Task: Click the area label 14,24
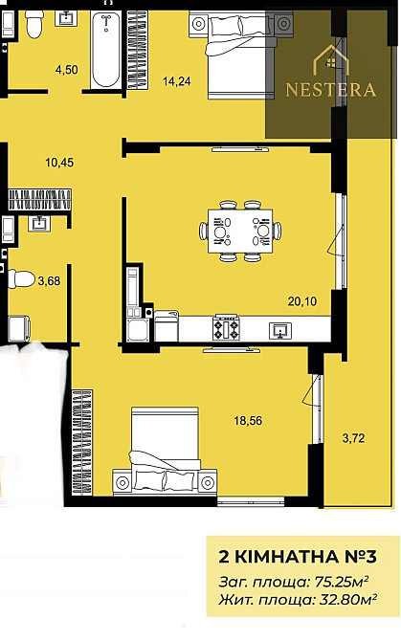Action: (177, 81)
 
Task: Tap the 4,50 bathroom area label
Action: (67, 70)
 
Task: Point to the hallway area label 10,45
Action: (59, 163)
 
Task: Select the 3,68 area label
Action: (49, 281)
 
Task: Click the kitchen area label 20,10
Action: (302, 301)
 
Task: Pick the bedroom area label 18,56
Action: (248, 420)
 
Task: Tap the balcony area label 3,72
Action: (353, 438)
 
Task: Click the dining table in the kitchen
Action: (240, 231)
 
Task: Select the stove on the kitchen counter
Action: (226, 328)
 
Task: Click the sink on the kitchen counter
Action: (280, 330)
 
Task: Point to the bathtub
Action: (106, 51)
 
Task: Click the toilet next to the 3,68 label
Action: (21, 279)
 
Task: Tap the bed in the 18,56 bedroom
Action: (165, 452)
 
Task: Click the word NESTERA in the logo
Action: (331, 90)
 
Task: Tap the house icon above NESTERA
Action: (331, 60)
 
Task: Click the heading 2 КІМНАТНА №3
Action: (298, 557)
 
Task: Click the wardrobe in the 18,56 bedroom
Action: (82, 443)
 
